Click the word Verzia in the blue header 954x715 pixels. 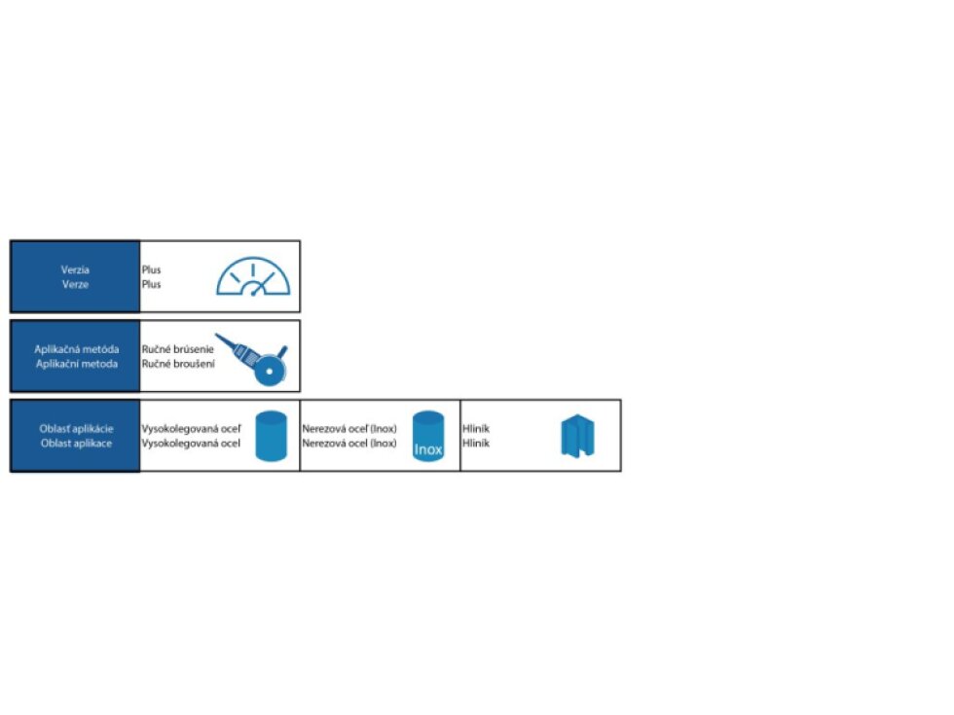click(x=76, y=269)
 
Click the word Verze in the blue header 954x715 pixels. click(x=76, y=284)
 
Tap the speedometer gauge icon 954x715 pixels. click(x=253, y=276)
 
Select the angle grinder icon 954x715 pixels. click(x=252, y=359)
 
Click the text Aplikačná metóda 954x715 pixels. click(x=77, y=349)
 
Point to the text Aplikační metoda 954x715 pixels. click(x=77, y=364)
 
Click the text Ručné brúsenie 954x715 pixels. click(x=177, y=349)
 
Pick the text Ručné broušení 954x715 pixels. click(x=178, y=364)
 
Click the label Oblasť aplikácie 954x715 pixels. click(x=77, y=429)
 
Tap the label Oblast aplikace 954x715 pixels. click(x=77, y=444)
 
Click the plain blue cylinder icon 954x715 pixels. click(x=271, y=436)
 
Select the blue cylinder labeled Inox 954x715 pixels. click(x=428, y=436)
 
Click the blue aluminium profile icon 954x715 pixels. click(x=577, y=436)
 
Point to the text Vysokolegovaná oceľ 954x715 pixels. click(x=192, y=429)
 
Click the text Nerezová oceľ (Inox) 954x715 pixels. click(x=349, y=429)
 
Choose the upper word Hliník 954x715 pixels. click(x=476, y=429)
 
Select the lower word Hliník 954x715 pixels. click(x=476, y=444)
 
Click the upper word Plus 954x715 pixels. click(x=152, y=269)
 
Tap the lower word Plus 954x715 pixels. click(x=152, y=284)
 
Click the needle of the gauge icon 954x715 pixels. click(x=263, y=284)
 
